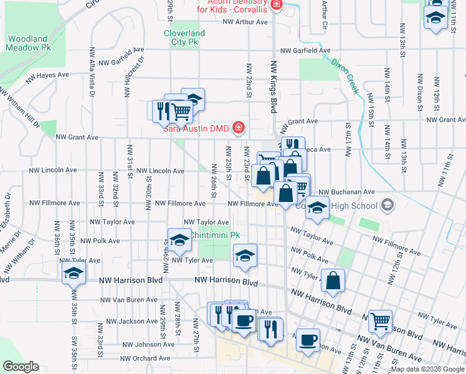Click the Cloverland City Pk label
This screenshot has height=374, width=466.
(184, 37)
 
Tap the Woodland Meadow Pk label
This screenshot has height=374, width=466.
(28, 43)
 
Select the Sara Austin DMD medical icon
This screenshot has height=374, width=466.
(237, 128)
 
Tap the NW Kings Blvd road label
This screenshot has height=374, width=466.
(273, 86)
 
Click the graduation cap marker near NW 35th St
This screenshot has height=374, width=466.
(74, 273)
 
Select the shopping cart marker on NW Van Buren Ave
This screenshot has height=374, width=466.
(380, 321)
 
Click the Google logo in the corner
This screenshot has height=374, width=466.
(21, 367)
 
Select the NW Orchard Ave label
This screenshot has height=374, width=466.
(145, 358)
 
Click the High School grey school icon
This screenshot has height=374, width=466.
(388, 205)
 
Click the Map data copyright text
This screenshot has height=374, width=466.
(427, 370)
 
